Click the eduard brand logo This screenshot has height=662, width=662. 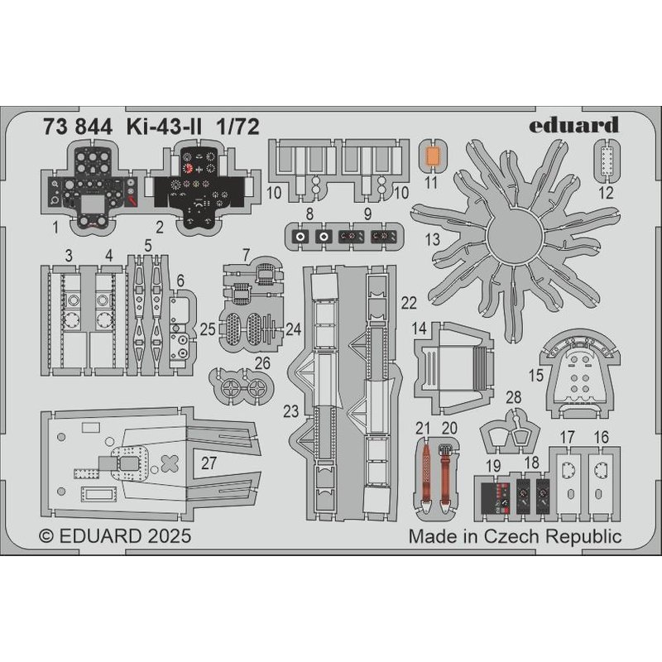pos(573,125)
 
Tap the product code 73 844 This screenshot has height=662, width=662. pos(78,127)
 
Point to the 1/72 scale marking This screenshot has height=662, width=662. pos(237,127)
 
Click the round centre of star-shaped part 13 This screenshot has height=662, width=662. pos(512,237)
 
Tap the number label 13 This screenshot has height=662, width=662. pos(433,240)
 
